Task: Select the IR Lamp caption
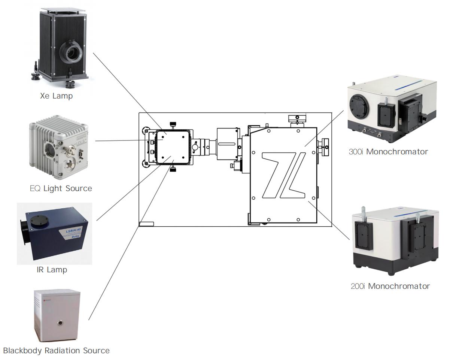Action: click(x=52, y=270)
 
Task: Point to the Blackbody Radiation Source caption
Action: click(x=57, y=351)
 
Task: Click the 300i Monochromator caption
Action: click(x=387, y=152)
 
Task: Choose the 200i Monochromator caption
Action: click(x=393, y=287)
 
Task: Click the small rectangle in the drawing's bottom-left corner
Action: click(x=146, y=224)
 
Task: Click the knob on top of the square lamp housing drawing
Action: click(x=172, y=124)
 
